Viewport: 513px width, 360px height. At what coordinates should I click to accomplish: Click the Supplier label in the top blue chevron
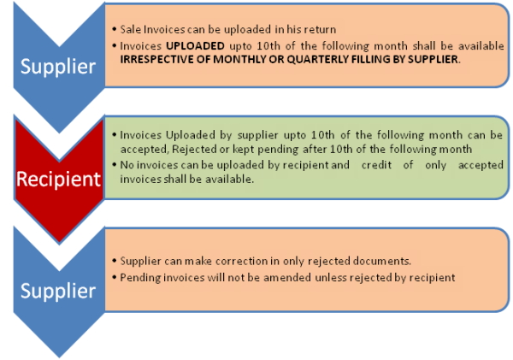(x=58, y=67)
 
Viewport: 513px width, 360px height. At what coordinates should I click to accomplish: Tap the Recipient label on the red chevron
(x=58, y=180)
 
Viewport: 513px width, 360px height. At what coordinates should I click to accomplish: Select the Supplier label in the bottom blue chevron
(x=58, y=291)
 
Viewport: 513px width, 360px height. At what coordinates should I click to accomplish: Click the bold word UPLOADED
(x=195, y=46)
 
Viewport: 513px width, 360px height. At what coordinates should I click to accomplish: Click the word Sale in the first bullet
(x=131, y=29)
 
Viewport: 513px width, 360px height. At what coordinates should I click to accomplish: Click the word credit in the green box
(x=376, y=165)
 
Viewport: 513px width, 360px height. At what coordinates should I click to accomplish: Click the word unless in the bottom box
(x=330, y=278)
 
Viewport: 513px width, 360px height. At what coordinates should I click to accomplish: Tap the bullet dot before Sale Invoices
(x=115, y=29)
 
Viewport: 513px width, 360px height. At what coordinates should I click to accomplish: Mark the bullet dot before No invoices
(x=115, y=164)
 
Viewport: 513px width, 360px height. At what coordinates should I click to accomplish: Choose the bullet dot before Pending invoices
(x=115, y=278)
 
